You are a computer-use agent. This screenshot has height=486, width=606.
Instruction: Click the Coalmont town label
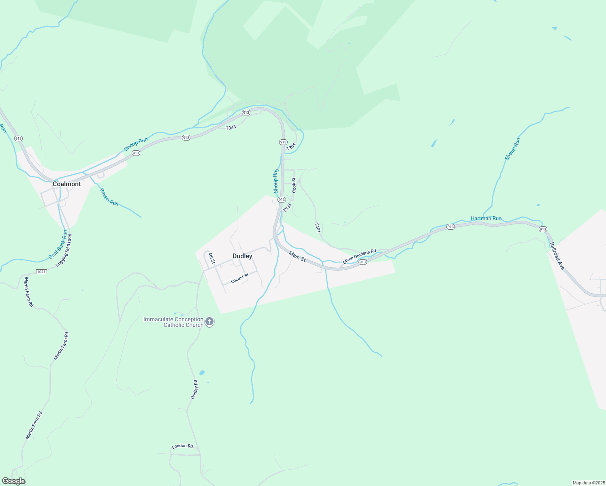pos(67,184)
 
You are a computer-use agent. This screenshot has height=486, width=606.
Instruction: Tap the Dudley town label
pos(242,256)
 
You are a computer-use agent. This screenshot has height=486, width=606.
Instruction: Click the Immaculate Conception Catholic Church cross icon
pos(209,322)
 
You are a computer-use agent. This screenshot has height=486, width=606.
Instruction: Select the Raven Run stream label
pos(109,197)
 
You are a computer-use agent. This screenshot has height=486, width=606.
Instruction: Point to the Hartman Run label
pos(486,218)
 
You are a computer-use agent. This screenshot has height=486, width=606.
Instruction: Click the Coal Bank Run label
pos(58,245)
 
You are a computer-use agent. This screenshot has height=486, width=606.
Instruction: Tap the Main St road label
pos(297,256)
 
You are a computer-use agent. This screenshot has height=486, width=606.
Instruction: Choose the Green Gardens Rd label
pos(359,256)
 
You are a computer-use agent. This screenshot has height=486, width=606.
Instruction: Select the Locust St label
pos(239,278)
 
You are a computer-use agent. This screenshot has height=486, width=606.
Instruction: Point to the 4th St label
pos(211,258)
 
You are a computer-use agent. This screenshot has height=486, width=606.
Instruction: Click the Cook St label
pos(294,185)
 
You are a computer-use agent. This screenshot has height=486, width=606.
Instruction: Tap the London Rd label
pos(182,446)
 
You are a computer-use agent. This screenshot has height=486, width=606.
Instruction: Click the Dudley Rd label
pos(194,390)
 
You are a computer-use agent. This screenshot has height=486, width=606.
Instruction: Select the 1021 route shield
pos(41,271)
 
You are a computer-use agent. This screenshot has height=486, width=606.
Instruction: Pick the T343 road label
pos(231,128)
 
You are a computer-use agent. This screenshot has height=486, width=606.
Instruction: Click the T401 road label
pos(318,227)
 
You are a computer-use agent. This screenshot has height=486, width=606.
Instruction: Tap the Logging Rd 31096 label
pos(64,250)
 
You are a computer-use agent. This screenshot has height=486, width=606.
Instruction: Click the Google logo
pos(13,481)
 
